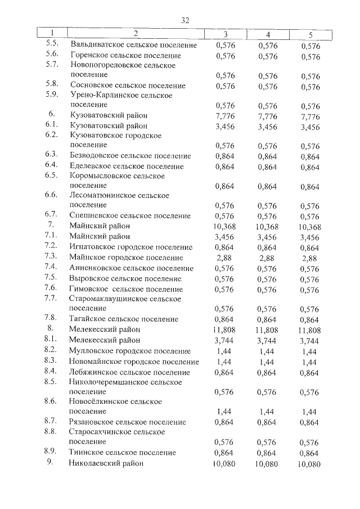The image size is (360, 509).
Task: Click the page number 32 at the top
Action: tap(184, 20)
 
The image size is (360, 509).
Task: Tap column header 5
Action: tap(310, 34)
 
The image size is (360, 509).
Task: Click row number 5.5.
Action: tap(52, 44)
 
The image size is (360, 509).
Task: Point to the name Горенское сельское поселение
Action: tap(125, 56)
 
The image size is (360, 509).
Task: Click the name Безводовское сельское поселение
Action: tap(130, 156)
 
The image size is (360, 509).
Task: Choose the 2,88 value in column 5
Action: tap(310, 258)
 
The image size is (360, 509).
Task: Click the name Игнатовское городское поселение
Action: tap(131, 247)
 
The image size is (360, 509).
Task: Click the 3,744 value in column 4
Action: tap(267, 340)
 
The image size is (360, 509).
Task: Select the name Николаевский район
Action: tap(107, 463)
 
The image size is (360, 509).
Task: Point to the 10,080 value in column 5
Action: tap(309, 464)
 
